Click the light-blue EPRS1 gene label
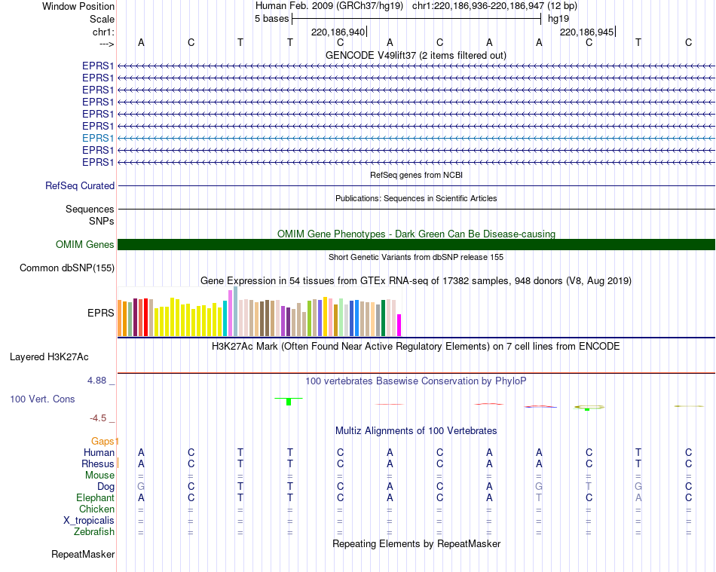98,138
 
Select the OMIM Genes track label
84,244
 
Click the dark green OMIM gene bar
416,244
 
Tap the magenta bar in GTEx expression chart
399,325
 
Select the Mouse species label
99,475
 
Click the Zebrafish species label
94,531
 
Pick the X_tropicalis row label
89,521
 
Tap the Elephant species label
95,497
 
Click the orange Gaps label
103,441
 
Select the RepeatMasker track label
83,554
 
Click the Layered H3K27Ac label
49,357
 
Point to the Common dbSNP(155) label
66,268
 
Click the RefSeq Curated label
79,186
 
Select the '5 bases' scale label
271,19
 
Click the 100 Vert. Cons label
42,399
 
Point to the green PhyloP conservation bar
289,401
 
